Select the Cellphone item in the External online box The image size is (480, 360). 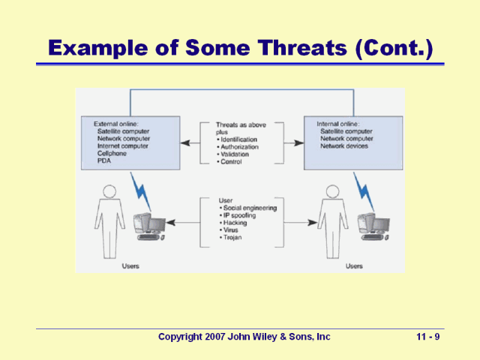coord(112,153)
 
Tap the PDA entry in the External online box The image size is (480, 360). coord(104,160)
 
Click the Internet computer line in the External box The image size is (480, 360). coord(124,145)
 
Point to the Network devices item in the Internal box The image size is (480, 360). coord(344,145)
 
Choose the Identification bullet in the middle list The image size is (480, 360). coord(239,139)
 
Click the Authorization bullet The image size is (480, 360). coord(239,147)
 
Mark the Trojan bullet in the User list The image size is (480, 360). coord(233,237)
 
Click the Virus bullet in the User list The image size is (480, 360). coord(231,229)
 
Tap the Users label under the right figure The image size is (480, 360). coord(354,265)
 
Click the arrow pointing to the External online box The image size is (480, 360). coord(190,142)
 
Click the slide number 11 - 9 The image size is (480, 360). coord(427,337)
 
